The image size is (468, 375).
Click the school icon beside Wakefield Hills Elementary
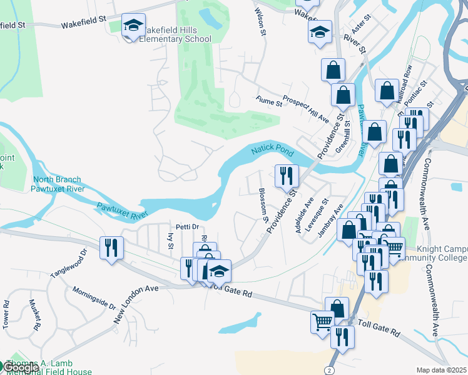[x=133, y=26]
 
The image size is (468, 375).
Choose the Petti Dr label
[x=186, y=226]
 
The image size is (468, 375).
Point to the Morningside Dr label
[x=94, y=299]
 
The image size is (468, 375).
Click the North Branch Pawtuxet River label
[x=58, y=184]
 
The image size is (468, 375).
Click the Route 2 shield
[x=329, y=370]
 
